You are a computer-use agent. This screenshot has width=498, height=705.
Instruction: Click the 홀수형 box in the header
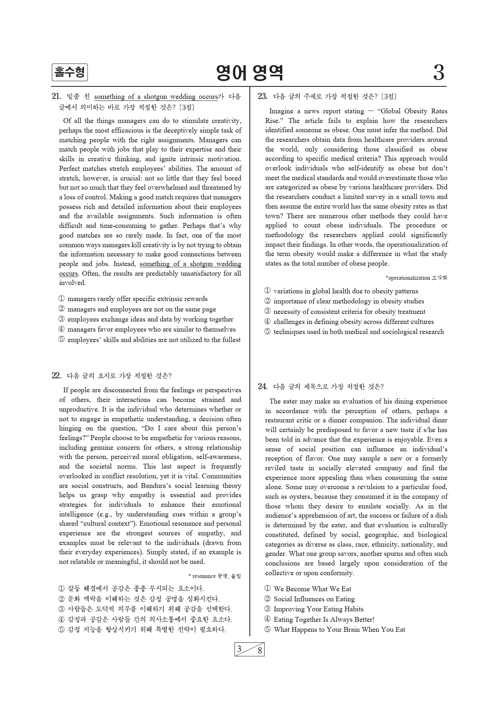pos(69,73)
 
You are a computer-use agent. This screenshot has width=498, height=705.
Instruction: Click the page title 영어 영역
pos(249,73)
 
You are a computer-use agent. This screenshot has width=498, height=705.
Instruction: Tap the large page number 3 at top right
pos(439,73)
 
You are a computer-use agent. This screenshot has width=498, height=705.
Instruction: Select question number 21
pos(56,96)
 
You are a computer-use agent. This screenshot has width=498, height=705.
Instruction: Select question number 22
pos(56,376)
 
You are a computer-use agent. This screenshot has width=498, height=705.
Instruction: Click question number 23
pos(262,96)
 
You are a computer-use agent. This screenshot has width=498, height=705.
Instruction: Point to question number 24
pos(262,387)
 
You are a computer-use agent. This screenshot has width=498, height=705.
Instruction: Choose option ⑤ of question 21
pos(149,340)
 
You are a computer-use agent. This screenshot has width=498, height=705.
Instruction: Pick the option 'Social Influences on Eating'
pos(314,599)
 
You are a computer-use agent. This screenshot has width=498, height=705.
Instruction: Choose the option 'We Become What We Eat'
pos(312,589)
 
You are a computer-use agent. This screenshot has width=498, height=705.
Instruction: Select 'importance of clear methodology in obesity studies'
pos(348,301)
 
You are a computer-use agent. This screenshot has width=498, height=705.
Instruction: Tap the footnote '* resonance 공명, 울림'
pos(215,576)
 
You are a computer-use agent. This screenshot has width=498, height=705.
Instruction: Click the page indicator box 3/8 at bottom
pos(249,650)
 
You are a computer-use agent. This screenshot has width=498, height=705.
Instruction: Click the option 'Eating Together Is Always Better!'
pos(324,619)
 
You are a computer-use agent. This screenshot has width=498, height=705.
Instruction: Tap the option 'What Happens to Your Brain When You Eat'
pos(339,629)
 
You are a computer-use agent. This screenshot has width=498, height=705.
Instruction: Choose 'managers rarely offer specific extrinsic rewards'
pos(137,299)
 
